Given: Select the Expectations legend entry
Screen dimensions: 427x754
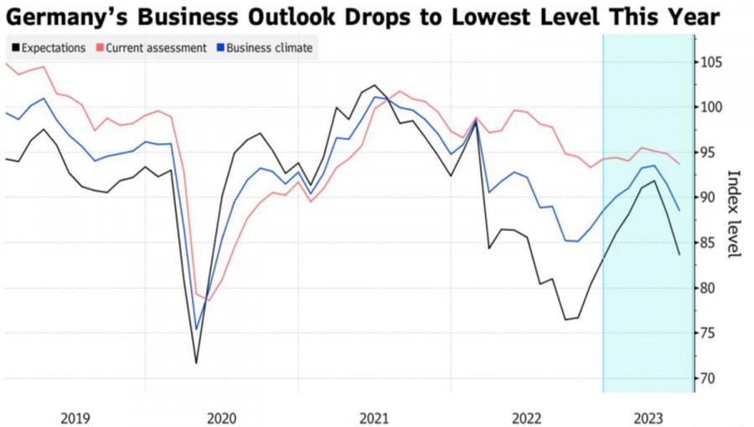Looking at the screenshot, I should (x=49, y=48).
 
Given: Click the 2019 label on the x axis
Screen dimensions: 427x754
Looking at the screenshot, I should (x=76, y=416).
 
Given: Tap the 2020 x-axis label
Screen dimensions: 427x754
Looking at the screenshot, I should (x=221, y=416).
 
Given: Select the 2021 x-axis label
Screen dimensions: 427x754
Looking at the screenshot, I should (x=374, y=416).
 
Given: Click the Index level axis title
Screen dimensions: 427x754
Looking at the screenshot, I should (x=734, y=214).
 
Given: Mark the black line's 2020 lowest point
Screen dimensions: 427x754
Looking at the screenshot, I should (x=197, y=363).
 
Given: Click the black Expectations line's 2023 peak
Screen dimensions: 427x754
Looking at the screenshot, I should (x=654, y=180).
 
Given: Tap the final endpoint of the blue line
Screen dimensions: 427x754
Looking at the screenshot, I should (x=679, y=210).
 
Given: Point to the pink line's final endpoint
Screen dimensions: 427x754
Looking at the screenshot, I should (x=679, y=164).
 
